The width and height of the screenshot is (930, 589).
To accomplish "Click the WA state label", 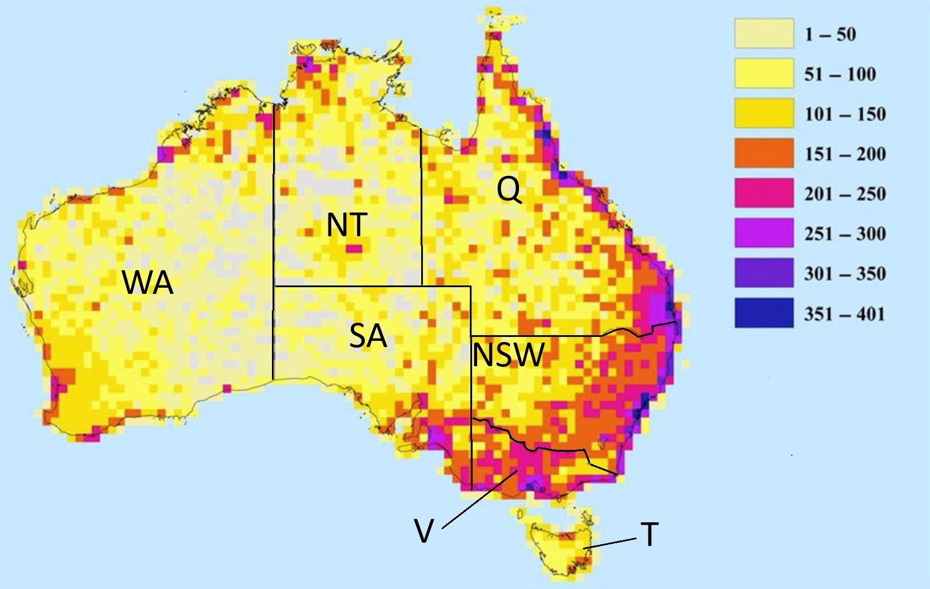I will coord(148,282).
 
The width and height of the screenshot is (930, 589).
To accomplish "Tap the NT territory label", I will coord(347,225).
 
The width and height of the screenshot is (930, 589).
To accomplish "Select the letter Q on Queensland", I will coord(509,189).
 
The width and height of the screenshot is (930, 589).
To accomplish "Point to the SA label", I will coord(368,336).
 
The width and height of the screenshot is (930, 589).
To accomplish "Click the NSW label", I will coord(508,355).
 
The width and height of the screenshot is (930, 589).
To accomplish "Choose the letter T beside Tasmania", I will coord(649,534).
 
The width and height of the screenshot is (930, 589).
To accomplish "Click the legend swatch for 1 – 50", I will coord(764,33).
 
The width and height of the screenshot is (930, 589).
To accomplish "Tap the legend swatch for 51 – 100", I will coord(764,73).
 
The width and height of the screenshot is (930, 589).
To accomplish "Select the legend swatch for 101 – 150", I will coord(764,114).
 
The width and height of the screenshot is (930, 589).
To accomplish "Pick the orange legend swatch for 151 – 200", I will coord(764,154).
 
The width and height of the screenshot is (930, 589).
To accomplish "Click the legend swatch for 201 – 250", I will coord(764,193).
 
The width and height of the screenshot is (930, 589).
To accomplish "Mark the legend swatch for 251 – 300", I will coord(764,233).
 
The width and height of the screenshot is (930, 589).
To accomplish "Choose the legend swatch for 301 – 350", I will coord(764,274).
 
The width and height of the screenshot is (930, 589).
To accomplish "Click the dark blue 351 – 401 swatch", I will coord(764,314).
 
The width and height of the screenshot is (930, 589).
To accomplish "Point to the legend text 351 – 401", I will coord(844,314).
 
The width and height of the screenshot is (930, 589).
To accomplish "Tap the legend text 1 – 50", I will coord(830,34).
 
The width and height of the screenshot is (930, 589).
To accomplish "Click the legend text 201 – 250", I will coord(845,194).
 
